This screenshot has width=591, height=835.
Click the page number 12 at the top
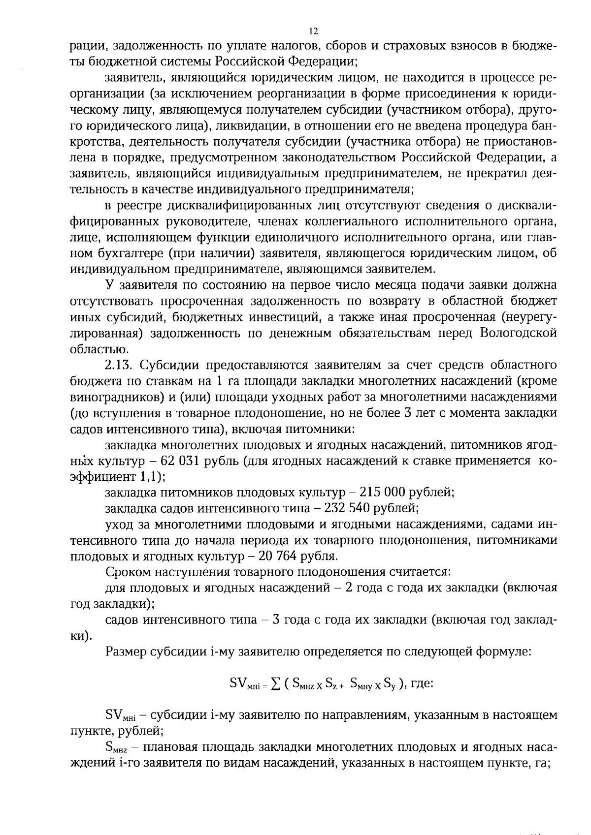tap(313, 31)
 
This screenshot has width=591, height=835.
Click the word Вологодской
tap(518, 333)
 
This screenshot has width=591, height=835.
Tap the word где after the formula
tap(422, 683)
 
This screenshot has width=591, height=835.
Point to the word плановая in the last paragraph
tap(164, 748)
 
